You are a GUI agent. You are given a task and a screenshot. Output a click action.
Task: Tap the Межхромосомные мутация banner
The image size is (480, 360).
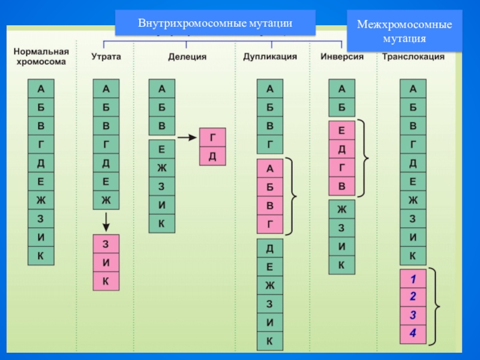[404, 32]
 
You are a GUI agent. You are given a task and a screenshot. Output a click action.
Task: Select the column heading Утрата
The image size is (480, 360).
[106, 57]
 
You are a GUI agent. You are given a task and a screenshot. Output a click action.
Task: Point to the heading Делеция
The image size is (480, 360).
[186, 57]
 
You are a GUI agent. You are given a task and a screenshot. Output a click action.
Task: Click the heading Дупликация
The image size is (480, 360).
[270, 57]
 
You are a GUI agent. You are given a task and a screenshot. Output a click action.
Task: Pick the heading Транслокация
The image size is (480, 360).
[413, 57]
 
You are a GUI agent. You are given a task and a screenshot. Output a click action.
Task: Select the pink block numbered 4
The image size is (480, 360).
[413, 334]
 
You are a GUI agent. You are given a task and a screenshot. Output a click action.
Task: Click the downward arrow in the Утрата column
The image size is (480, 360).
[106, 221]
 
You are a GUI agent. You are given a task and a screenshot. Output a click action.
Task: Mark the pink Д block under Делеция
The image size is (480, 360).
[212, 157]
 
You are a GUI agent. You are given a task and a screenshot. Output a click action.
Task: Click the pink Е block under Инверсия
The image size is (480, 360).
[342, 131]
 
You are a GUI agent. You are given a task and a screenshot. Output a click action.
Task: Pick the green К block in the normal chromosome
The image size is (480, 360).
[41, 256]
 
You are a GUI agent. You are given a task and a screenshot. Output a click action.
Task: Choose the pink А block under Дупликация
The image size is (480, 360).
[270, 169]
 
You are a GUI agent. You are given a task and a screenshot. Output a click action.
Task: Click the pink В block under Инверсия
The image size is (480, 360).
[342, 187]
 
